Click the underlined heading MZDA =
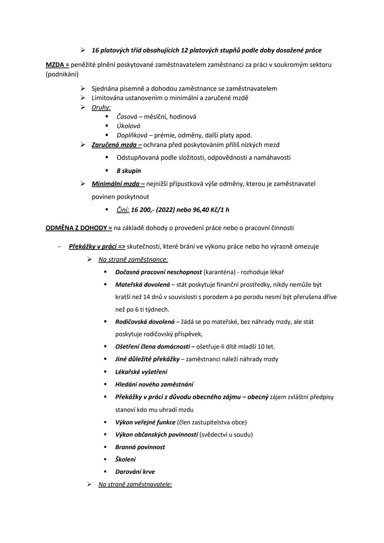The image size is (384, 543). pyautogui.click(x=57, y=65)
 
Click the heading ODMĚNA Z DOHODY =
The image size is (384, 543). pyautogui.click(x=79, y=228)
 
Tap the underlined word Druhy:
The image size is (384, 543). pyautogui.click(x=101, y=107)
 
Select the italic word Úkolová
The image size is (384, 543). pyautogui.click(x=128, y=126)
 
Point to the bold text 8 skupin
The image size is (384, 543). pyautogui.click(x=129, y=171)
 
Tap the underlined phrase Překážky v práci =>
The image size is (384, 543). pyautogui.click(x=97, y=246)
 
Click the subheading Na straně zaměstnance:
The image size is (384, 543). pyautogui.click(x=133, y=259)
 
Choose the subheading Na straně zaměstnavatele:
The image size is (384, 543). pyautogui.click(x=135, y=484)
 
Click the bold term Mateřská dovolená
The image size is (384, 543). pyautogui.click(x=143, y=284)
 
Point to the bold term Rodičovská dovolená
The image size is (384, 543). pyautogui.click(x=145, y=321)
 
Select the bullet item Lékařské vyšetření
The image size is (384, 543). pyautogui.click(x=141, y=372)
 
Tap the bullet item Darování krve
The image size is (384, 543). pyautogui.click(x=135, y=472)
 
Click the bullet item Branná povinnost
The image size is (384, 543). pyautogui.click(x=140, y=447)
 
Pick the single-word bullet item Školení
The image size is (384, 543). pyautogui.click(x=125, y=459)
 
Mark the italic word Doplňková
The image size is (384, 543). pyautogui.click(x=132, y=135)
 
